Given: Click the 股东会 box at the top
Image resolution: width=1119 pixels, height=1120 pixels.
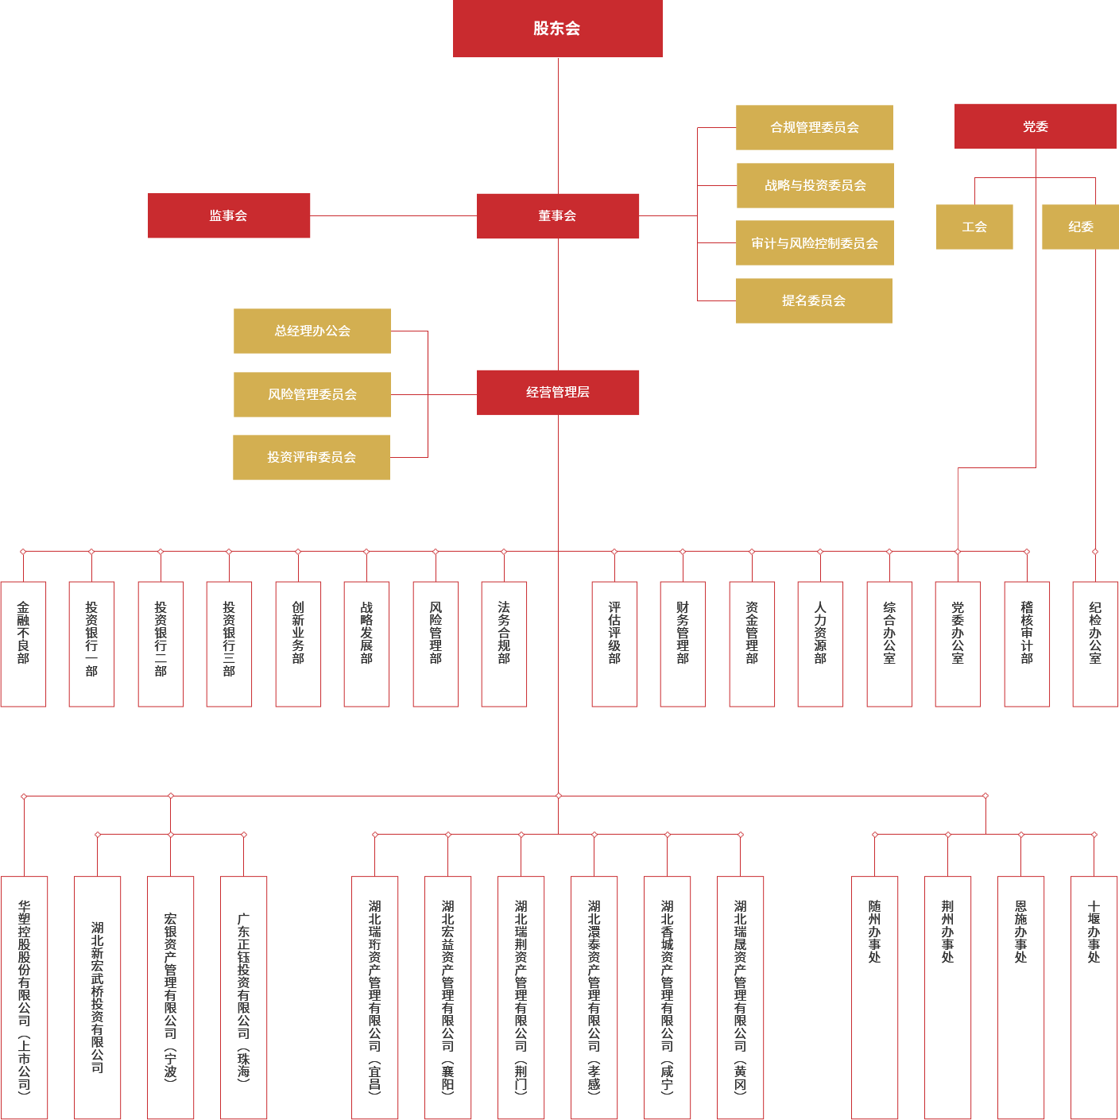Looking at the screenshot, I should click(x=557, y=29).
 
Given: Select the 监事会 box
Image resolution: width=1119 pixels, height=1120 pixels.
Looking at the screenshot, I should click(x=229, y=215).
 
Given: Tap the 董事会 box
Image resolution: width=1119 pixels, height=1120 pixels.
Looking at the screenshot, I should click(x=558, y=215).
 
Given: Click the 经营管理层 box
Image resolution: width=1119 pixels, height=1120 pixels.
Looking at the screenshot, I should click(x=558, y=392).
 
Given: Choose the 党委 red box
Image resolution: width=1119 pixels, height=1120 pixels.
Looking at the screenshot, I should click(x=1035, y=126).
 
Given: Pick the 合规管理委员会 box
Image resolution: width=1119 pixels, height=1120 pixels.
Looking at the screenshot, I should click(x=814, y=127).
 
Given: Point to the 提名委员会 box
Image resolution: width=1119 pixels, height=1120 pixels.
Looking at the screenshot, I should click(x=814, y=300).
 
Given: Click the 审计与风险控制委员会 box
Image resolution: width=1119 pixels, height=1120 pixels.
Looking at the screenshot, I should click(x=815, y=243).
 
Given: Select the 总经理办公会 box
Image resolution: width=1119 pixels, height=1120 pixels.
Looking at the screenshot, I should click(x=312, y=331).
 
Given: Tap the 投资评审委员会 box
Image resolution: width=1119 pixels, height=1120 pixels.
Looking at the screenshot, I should click(x=312, y=457).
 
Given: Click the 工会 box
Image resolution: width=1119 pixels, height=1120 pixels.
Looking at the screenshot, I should click(x=974, y=227).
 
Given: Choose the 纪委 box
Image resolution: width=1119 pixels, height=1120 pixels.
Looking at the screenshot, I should click(x=1080, y=227).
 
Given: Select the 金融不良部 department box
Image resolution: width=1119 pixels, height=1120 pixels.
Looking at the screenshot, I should click(x=23, y=644).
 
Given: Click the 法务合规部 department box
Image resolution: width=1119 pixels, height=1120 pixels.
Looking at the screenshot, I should click(x=504, y=644).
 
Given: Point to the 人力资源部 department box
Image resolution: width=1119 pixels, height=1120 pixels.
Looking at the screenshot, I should click(x=820, y=644).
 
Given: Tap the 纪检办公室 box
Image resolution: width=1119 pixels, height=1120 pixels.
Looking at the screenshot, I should click(x=1095, y=644).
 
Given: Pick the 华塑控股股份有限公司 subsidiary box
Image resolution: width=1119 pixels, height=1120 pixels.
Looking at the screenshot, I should click(x=24, y=998).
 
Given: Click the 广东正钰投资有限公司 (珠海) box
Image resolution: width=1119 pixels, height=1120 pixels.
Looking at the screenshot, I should click(x=243, y=998).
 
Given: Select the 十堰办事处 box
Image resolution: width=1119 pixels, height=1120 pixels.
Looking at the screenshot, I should click(x=1094, y=998).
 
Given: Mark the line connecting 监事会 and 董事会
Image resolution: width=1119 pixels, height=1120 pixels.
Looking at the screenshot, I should click(x=393, y=215).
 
